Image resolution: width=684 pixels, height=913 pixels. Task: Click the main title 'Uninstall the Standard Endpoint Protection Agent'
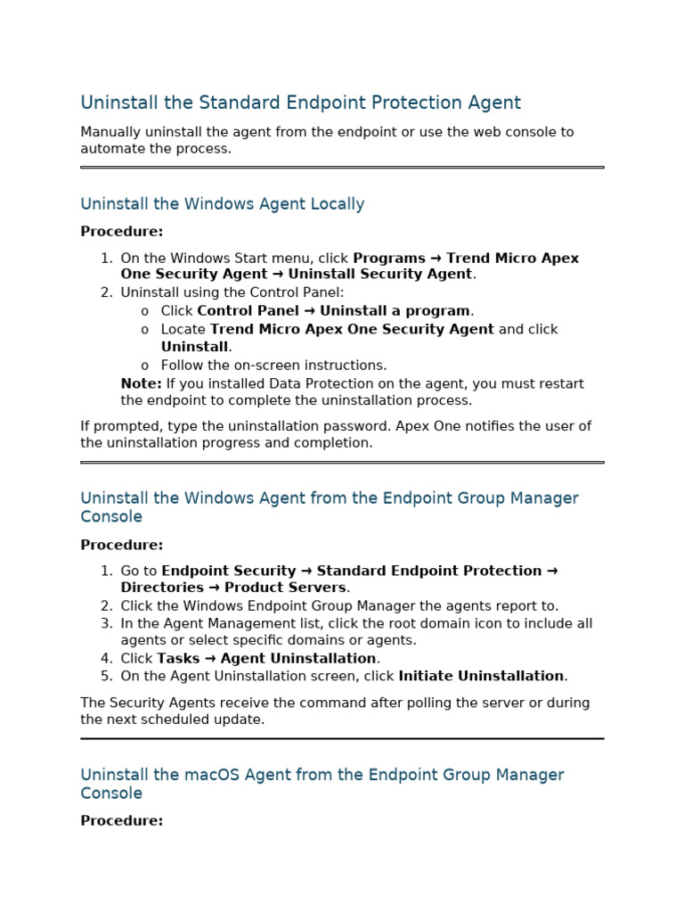click(300, 103)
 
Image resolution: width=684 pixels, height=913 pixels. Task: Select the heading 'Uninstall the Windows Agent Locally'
click(222, 204)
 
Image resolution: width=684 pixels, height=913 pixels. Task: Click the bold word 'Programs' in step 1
click(388, 259)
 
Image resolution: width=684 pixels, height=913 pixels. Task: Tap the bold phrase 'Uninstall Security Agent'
click(379, 275)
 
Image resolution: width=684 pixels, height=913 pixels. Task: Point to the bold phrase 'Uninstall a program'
click(395, 311)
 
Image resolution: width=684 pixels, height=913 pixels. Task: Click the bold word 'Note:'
click(141, 384)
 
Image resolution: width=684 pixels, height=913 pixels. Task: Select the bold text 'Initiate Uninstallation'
click(481, 676)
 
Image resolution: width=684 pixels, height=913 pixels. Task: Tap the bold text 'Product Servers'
click(285, 588)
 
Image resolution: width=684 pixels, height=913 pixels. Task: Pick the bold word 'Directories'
click(162, 588)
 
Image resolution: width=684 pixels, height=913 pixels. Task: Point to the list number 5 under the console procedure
click(106, 676)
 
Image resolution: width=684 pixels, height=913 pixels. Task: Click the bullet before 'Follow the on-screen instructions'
click(144, 366)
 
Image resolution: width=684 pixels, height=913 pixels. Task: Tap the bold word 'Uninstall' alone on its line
click(194, 347)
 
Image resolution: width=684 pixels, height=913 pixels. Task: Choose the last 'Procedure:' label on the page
click(121, 821)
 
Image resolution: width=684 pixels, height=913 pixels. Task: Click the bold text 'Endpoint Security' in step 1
click(228, 571)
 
